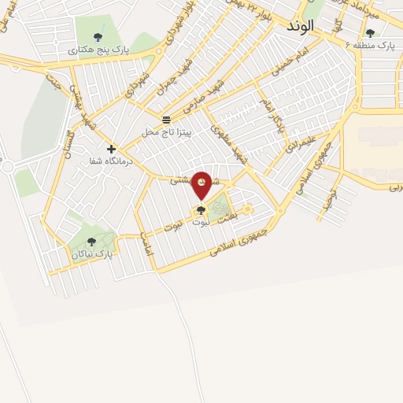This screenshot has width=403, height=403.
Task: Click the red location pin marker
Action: pos(202,184)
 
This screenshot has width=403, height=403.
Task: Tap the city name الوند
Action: pos(300,25)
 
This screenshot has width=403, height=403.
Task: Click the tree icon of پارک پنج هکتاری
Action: pos(98,36)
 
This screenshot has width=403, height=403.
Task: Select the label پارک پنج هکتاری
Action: pos(109,49)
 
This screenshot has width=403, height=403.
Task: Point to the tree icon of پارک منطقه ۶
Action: pos(370,33)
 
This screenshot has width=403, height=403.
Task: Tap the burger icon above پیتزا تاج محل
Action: pos(166,120)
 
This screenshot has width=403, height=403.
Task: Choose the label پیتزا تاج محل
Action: pos(166,131)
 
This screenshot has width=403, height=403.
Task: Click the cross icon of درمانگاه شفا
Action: pos(111,148)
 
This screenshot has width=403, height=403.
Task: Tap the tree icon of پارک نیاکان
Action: pos(92,242)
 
